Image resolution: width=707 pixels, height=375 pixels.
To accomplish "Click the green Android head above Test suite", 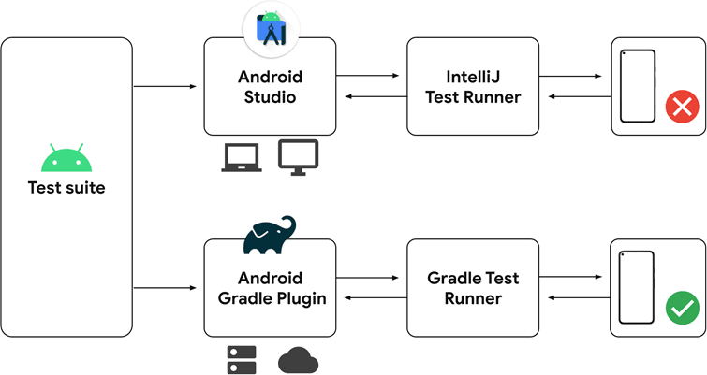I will click(x=66, y=160).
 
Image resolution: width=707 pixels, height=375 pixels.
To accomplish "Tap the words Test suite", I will click(x=66, y=188).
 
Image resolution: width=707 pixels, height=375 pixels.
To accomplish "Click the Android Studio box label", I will click(x=270, y=86).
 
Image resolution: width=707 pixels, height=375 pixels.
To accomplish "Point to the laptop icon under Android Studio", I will click(x=243, y=158).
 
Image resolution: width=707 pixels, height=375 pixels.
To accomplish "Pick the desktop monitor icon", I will click(x=299, y=157).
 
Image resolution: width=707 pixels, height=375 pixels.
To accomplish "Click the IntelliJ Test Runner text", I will click(x=472, y=86).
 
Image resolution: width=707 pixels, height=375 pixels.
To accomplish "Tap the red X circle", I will click(x=682, y=108).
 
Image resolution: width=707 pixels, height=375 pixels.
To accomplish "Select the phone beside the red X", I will click(x=638, y=86).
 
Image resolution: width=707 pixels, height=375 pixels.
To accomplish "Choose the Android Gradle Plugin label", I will click(x=270, y=288).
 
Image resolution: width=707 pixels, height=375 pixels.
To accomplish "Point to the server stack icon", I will click(x=243, y=358).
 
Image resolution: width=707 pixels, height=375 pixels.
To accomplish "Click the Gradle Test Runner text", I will click(x=472, y=288).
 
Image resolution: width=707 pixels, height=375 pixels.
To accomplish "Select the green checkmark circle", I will click(x=682, y=308).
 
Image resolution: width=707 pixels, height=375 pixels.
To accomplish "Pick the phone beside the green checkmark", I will click(x=638, y=287).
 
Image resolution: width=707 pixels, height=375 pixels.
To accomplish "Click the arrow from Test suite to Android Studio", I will click(x=166, y=87).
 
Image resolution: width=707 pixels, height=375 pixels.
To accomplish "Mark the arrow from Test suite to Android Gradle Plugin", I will click(x=166, y=288).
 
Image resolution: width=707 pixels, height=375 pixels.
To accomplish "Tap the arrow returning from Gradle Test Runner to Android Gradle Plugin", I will click(x=371, y=298).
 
